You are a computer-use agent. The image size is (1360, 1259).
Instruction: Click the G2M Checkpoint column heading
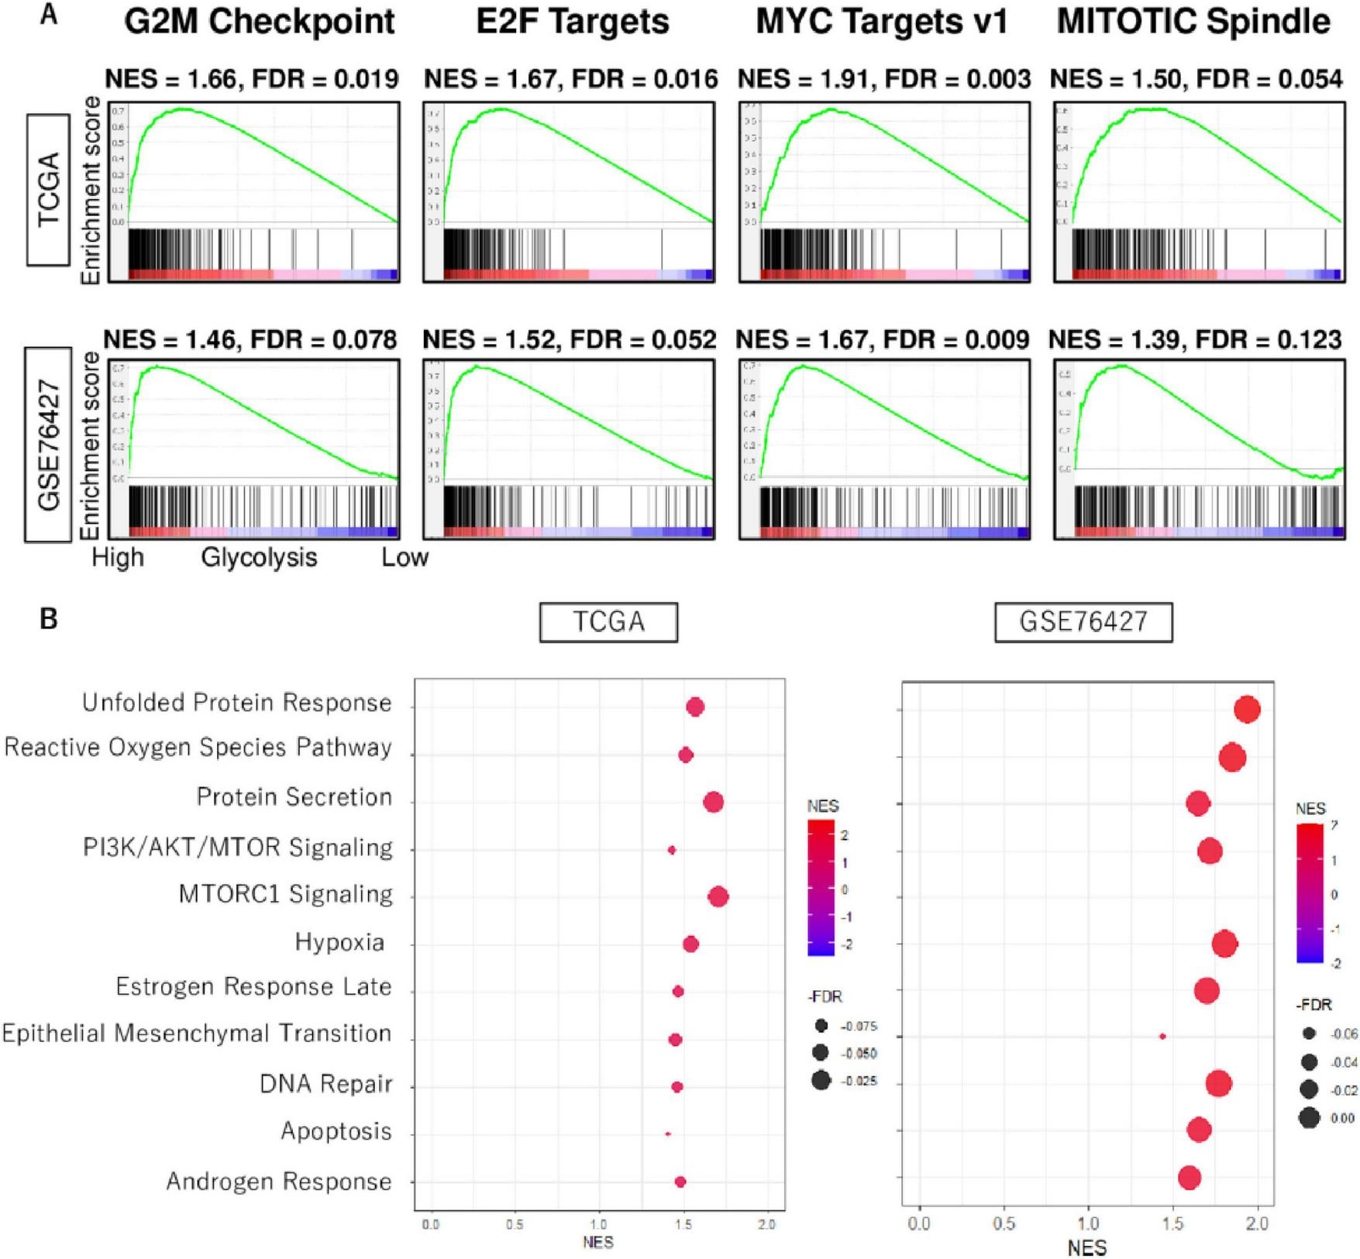pos(260,22)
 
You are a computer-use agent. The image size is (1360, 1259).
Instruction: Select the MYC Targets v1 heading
pos(882,22)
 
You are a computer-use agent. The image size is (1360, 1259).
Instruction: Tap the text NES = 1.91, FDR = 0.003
pos(884,79)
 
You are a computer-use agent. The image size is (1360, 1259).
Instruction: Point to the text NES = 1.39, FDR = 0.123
pos(1195,339)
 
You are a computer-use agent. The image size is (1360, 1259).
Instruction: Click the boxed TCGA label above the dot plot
pos(608,621)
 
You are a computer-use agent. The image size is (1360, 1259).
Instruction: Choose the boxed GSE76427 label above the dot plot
pos(1083,621)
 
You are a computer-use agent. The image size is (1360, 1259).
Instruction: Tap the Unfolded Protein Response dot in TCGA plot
pos(695,707)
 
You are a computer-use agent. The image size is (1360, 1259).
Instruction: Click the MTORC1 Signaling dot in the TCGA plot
pos(718,897)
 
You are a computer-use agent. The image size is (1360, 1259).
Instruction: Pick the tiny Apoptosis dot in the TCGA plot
pos(668,1134)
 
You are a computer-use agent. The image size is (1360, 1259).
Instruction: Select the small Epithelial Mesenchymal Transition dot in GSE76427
pos(1162,1036)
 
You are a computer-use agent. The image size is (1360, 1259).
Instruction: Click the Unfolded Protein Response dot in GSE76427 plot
pos(1248,709)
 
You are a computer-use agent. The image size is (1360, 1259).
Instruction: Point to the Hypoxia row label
pos(339,943)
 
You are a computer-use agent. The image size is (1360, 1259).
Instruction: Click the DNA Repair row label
pos(326,1084)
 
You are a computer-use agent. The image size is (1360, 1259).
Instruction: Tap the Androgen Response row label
pos(279,1182)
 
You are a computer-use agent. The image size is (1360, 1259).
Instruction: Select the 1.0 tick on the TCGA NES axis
pos(598,1224)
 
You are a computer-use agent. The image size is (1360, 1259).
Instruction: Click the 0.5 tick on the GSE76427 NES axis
pos(1004,1223)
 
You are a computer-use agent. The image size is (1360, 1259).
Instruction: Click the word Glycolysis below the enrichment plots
pos(259,558)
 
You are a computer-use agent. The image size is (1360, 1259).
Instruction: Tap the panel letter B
pos(49,619)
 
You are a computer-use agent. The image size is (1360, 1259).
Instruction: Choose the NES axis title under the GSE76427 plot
pos(1087,1247)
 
